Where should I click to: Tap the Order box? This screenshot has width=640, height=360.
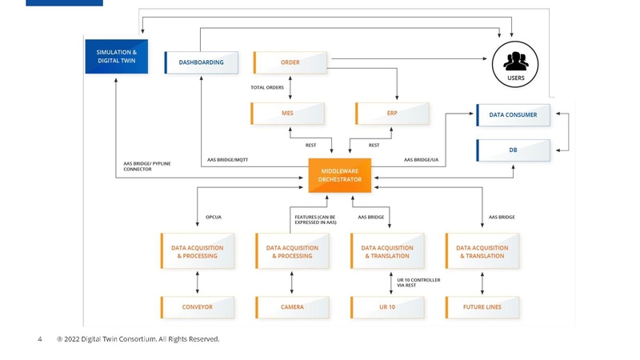[290, 62]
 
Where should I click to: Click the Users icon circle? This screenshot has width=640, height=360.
[515, 62]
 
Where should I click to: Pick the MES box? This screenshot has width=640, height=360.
[288, 114]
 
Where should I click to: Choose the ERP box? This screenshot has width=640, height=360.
[392, 114]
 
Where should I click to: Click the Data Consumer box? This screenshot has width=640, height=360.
[514, 115]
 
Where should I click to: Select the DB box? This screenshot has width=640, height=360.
[514, 150]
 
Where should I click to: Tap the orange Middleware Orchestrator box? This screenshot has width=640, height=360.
[340, 175]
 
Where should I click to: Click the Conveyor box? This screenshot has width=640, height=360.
[198, 307]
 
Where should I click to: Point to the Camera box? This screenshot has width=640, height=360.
[292, 307]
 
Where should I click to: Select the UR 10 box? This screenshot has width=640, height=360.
[387, 307]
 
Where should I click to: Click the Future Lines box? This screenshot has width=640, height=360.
[482, 307]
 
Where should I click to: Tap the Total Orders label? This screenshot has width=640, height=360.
[267, 87]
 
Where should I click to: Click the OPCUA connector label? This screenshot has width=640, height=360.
[214, 217]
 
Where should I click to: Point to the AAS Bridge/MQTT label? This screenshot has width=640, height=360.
[227, 159]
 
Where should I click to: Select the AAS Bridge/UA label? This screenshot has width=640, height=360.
[421, 159]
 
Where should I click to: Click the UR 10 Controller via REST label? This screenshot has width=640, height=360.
[418, 282]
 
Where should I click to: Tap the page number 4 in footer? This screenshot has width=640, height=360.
[40, 339]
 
